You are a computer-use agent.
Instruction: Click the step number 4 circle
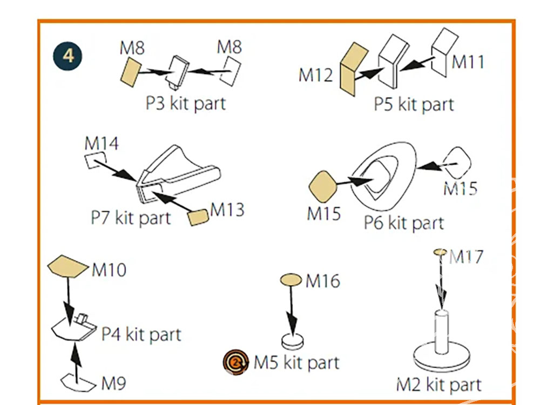point(68,56)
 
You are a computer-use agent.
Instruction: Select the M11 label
point(468,62)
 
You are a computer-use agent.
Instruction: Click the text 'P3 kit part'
point(185,103)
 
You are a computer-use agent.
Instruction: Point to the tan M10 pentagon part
point(67,266)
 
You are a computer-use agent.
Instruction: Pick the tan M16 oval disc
point(291,280)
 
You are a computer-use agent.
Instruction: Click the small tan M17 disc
point(440,252)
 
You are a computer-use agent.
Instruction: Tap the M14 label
point(102,143)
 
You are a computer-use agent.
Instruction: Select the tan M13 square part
point(198,218)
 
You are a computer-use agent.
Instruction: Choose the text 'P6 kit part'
point(403,223)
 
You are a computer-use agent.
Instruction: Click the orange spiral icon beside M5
point(236,362)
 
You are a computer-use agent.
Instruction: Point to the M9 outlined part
point(78,382)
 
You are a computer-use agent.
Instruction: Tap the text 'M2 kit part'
point(438,384)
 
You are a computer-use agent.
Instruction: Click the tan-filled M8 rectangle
point(131,72)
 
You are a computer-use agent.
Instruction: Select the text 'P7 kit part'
point(131,218)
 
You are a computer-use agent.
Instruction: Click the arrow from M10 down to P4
point(69,300)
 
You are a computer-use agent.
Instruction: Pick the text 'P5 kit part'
point(414,104)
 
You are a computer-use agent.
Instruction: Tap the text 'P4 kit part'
point(141,334)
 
